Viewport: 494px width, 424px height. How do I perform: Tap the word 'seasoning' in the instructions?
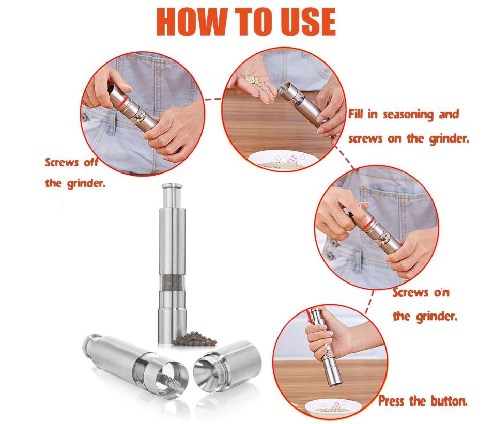pos(408,115)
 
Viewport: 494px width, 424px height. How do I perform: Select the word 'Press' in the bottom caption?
pos(391,401)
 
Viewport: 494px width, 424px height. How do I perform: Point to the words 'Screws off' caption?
pos(71,163)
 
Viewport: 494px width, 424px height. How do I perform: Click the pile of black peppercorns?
pos(194,338)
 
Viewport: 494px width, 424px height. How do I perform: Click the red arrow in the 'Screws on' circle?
pos(368,224)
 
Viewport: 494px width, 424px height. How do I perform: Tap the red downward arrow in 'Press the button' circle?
pos(310,316)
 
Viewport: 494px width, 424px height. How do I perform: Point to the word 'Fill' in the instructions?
pos(356,114)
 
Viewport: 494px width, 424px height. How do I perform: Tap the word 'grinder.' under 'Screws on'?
pos(425,317)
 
